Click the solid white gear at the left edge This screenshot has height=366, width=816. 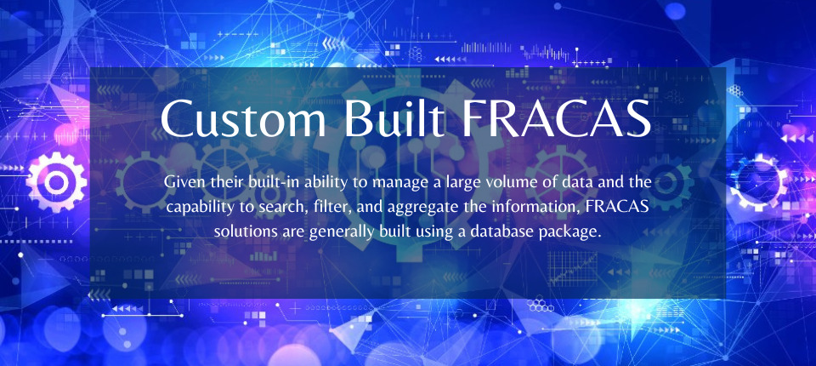[56, 182]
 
